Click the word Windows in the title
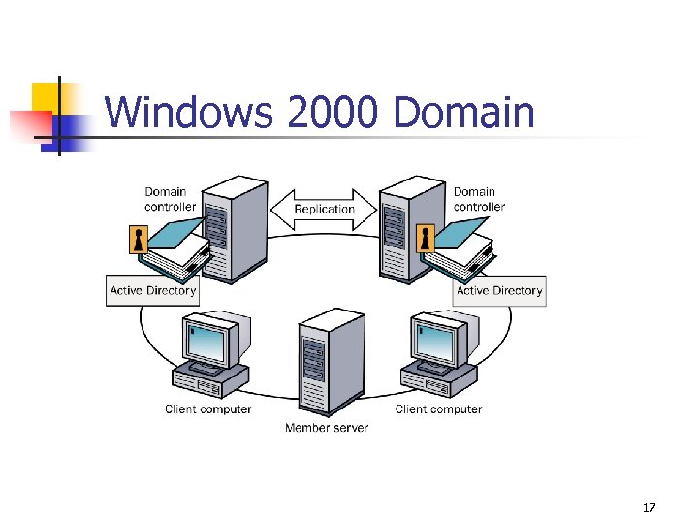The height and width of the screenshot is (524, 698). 189,113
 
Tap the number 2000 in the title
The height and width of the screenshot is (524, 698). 333,113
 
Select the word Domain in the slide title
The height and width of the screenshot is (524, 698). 464,113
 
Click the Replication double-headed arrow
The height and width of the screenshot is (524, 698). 324,209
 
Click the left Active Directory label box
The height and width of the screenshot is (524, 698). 153,290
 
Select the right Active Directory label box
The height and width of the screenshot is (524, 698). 499,290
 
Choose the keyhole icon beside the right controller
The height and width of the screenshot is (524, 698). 425,239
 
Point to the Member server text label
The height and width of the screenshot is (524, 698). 327,428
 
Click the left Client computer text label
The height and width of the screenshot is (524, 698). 208,409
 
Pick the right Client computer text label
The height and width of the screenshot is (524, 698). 438,409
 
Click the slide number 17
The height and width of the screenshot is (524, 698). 649,507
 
